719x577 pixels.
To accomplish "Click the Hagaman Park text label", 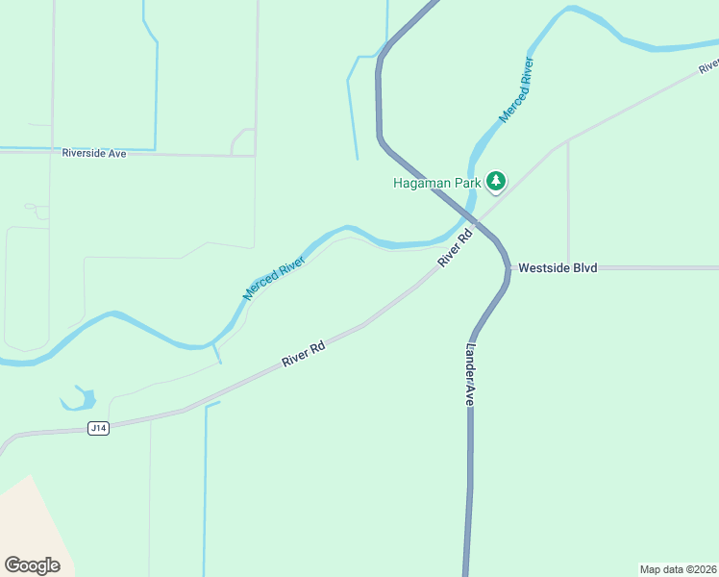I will pos(437,182).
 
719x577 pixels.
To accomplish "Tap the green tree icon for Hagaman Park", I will pos(496,180).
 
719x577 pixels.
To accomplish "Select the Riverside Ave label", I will pos(94,153).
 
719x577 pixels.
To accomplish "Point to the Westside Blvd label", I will pos(558,267).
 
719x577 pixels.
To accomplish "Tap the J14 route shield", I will pos(98,428).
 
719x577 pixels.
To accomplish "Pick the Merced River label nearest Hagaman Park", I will pos(515,90).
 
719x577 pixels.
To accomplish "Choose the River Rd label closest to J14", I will pos(303,353).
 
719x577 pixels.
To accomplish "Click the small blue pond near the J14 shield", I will pos(82,398).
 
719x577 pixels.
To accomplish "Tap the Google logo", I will pos(32,565).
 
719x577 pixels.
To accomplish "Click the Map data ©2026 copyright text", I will pos(678,569).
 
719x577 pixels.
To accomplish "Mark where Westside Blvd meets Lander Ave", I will pos(508,267).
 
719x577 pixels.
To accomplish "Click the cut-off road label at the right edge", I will pos(709,65).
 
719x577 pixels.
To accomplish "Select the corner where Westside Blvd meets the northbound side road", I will pos(568,267).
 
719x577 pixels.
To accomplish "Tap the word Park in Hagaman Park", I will pos(466,182).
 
